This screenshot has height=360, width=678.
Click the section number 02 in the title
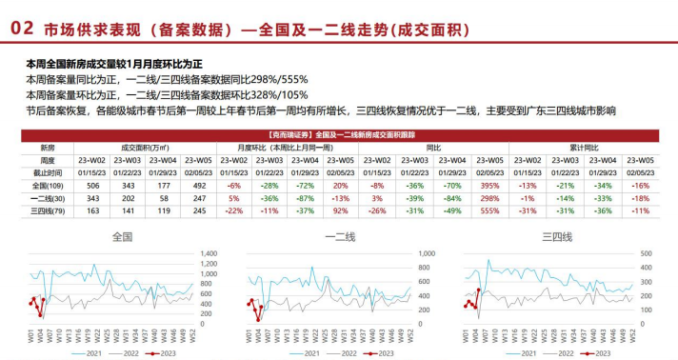(20, 29)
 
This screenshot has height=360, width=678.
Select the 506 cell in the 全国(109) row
(92, 186)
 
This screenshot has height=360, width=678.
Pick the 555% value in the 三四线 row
(491, 210)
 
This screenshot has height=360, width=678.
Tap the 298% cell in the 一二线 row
(491, 198)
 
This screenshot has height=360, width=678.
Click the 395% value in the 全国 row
(491, 186)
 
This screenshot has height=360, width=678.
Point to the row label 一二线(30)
(48, 198)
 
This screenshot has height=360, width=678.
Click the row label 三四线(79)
(48, 210)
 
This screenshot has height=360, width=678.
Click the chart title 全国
(123, 236)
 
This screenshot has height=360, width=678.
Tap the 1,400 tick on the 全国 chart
(208, 252)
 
